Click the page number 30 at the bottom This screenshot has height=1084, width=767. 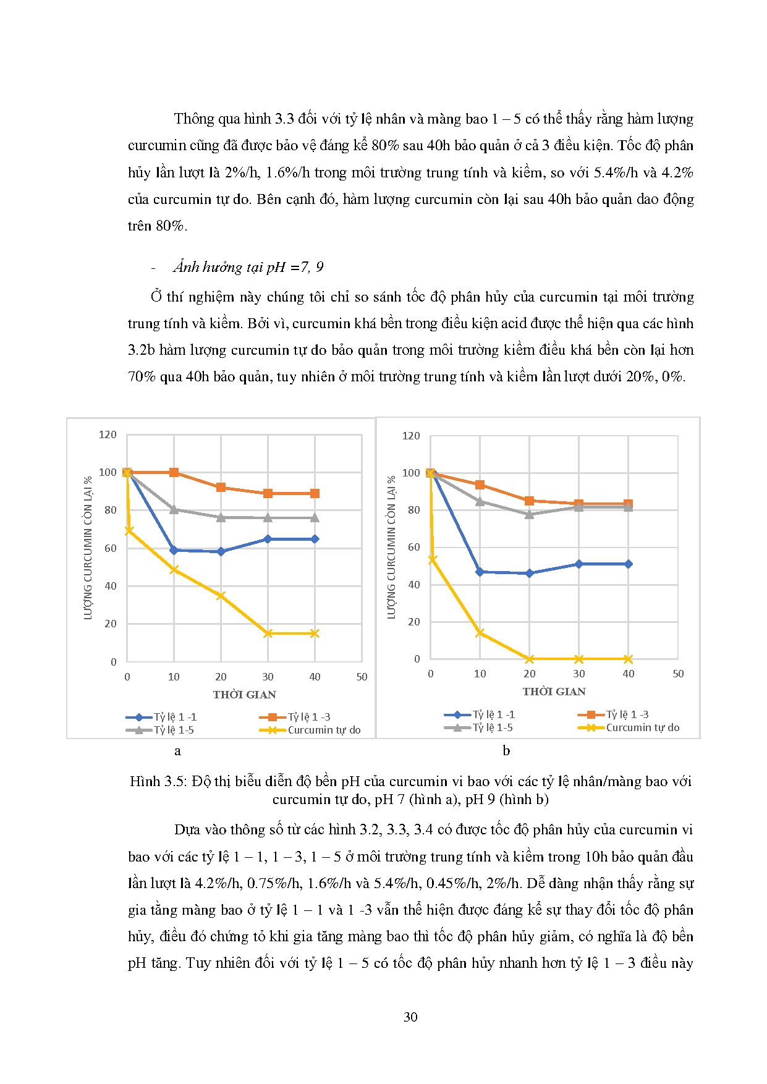[x=410, y=1017]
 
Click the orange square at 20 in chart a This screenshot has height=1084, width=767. [x=221, y=488]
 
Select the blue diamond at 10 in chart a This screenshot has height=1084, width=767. [x=174, y=550]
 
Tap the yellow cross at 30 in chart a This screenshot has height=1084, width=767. [x=268, y=633]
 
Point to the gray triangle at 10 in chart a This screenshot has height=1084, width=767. [x=174, y=509]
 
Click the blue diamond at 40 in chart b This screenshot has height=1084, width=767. [x=628, y=564]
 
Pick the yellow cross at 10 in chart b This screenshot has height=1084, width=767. [x=480, y=633]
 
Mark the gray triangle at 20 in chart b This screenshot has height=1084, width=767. [x=529, y=514]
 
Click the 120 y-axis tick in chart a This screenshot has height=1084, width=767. [x=108, y=434]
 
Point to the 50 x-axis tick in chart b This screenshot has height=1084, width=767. [x=678, y=674]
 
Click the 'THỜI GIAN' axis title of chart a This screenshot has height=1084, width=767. [x=245, y=695]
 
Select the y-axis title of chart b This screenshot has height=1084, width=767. [x=391, y=547]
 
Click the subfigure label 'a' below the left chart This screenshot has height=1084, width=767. [x=178, y=751]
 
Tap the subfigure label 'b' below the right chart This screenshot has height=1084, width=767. [x=506, y=751]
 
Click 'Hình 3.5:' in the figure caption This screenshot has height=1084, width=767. [x=158, y=782]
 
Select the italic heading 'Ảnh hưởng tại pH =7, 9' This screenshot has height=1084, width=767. [x=248, y=267]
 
